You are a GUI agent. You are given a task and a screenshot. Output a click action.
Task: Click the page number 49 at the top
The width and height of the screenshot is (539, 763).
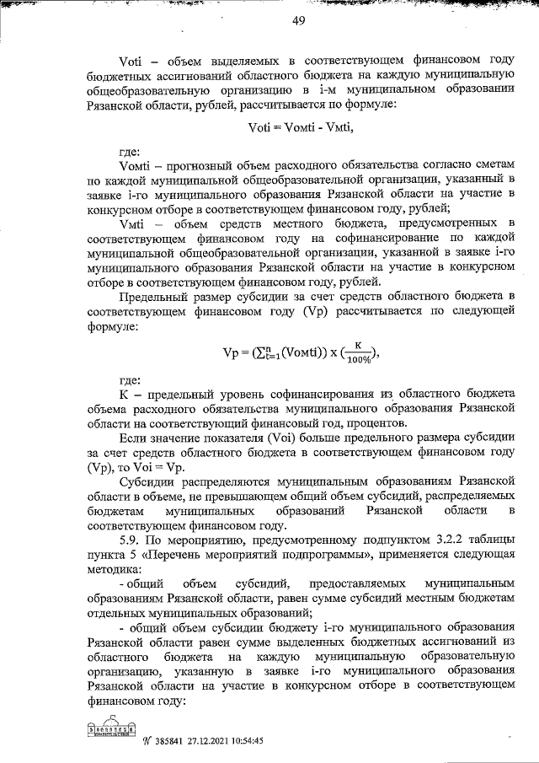click(x=298, y=21)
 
